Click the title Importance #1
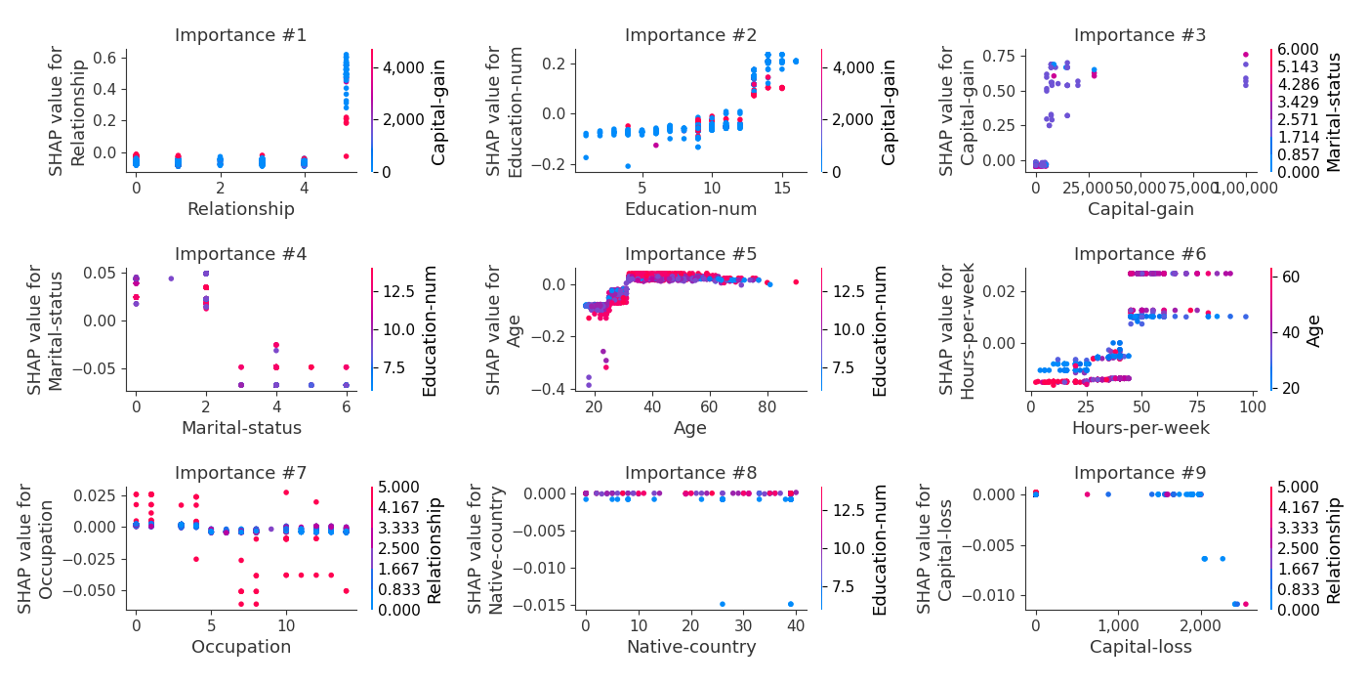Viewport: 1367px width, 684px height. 240,36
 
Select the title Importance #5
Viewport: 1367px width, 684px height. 690,255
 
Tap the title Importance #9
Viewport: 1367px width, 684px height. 1140,474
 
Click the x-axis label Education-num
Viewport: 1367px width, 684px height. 690,209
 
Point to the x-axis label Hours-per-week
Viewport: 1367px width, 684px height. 1140,428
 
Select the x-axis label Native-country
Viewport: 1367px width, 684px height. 690,647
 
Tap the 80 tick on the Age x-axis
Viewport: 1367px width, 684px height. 767,405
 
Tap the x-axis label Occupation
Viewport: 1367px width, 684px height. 240,647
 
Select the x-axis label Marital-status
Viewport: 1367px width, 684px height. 240,428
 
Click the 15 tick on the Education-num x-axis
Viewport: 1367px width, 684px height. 782,186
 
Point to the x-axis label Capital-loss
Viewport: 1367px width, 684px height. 1140,647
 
